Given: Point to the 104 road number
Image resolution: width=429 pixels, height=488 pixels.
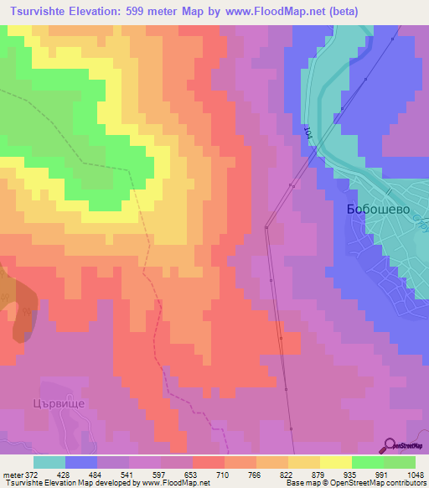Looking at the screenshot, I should (x=308, y=132).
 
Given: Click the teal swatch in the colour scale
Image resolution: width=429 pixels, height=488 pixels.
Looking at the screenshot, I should (x=49, y=462).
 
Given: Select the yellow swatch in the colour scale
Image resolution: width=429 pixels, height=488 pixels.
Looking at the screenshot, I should (x=336, y=462).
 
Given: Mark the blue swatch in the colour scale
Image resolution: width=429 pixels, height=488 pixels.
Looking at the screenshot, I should (x=81, y=462).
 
